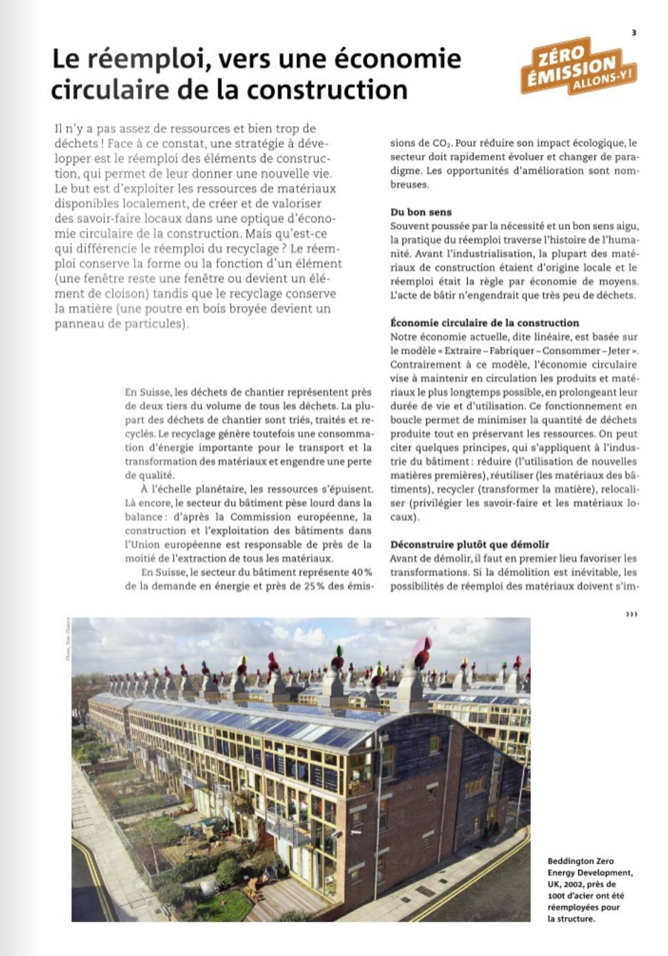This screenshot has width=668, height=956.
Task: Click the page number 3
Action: [x=634, y=33]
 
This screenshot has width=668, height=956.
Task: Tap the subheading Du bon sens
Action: [x=421, y=212]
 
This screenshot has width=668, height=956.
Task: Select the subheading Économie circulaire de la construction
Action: [x=485, y=322]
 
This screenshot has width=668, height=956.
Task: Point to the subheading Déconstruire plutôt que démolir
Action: [x=470, y=545]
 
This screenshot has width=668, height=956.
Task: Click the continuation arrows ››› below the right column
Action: [x=631, y=614]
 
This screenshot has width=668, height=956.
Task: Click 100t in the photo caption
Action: [x=557, y=895]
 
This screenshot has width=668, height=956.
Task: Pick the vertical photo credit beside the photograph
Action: [x=68, y=638]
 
